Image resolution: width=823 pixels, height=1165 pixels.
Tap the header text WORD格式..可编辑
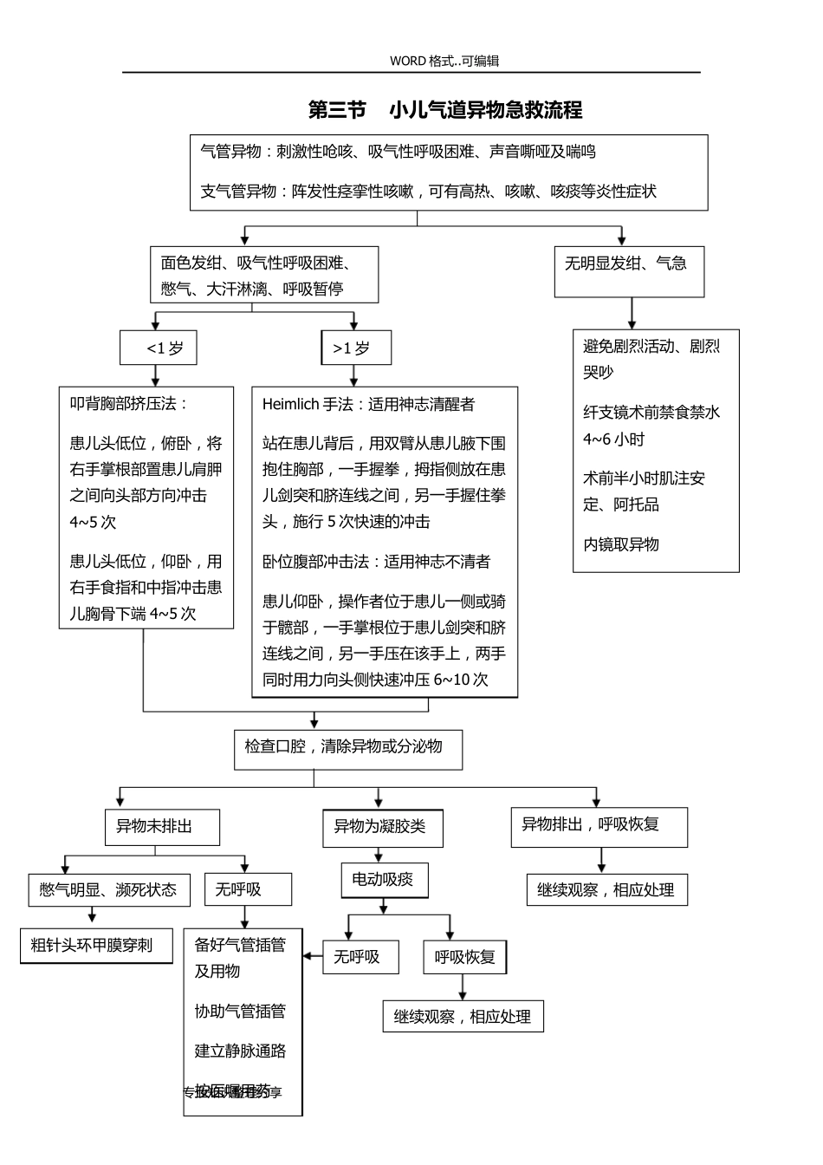(444, 61)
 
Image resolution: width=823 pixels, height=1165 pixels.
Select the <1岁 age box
(159, 348)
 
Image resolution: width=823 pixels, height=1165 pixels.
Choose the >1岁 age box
(355, 348)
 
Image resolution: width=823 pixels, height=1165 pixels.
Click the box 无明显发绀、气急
(629, 271)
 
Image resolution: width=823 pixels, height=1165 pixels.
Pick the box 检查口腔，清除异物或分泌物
(347, 749)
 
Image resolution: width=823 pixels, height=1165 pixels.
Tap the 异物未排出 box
(161, 827)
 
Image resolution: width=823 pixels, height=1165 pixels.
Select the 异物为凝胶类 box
(382, 828)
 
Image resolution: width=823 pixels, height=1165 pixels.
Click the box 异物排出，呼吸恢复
(599, 827)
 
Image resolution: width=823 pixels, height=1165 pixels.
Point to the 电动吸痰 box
(384, 881)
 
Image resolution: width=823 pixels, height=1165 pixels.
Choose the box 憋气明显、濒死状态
(109, 890)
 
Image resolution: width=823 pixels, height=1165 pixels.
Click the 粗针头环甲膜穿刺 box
(95, 946)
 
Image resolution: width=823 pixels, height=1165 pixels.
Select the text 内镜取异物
(621, 544)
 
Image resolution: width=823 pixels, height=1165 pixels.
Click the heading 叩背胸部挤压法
(128, 404)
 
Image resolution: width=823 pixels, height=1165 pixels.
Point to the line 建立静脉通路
(240, 1051)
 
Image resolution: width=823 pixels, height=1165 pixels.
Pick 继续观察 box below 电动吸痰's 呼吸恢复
(463, 1017)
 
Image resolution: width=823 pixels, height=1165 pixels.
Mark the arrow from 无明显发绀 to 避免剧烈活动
(632, 313)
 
